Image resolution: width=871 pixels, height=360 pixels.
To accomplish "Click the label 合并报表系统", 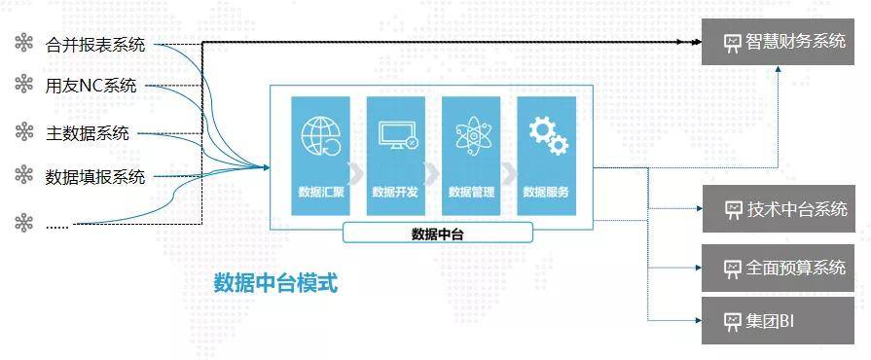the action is [95, 44].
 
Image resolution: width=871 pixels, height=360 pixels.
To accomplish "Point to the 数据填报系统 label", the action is [95, 176].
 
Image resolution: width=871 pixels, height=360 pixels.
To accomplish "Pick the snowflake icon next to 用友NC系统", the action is [23, 86].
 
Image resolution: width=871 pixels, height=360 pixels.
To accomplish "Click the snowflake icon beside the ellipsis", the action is [23, 223].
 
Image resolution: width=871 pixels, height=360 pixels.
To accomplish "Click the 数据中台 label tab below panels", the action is [437, 233].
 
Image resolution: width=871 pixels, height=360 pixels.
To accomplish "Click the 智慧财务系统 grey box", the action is [779, 43].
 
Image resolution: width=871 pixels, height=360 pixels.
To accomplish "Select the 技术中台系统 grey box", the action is [779, 209].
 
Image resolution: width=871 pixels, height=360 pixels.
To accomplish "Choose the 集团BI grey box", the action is [779, 320].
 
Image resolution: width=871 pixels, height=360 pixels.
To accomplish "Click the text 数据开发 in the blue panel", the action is [395, 192].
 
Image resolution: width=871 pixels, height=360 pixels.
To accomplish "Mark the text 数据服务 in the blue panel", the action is [546, 192].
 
